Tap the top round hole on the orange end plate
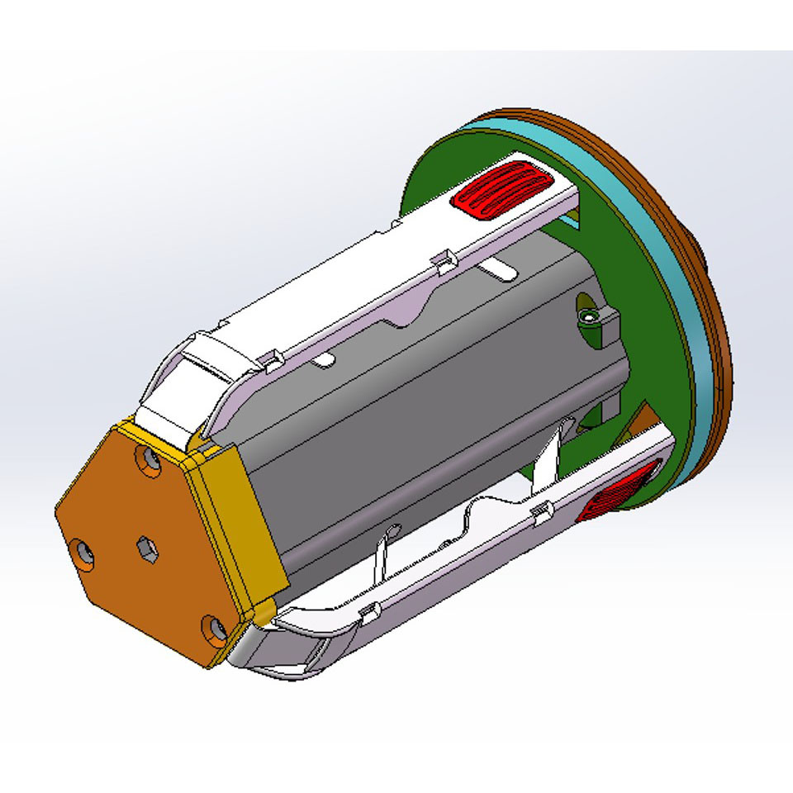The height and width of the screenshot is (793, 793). (151, 459)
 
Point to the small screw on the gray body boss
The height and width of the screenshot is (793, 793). (587, 317)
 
